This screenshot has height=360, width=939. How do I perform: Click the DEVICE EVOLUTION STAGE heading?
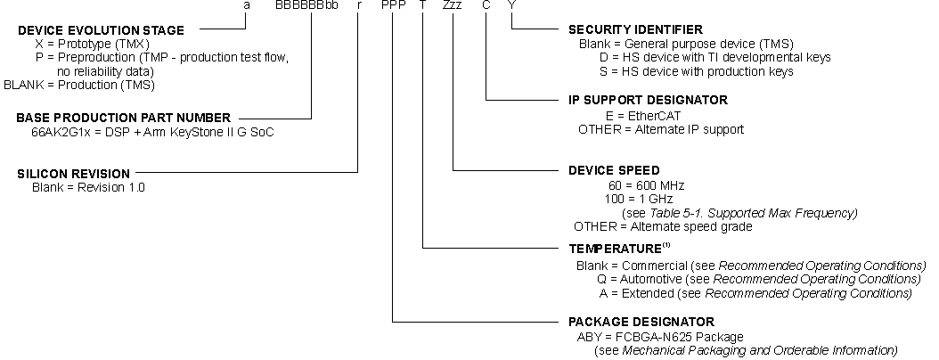(x=102, y=30)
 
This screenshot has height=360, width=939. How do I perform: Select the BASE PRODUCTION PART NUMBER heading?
(x=124, y=118)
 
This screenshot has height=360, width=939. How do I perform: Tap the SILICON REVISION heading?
(x=74, y=173)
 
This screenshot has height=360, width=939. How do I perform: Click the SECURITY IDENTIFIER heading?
(x=635, y=29)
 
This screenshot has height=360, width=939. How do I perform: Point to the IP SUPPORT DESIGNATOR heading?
(x=648, y=100)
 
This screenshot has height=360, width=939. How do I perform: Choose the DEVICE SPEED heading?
(x=614, y=170)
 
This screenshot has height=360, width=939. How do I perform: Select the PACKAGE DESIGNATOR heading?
(x=641, y=321)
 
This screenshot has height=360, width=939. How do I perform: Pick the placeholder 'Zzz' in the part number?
(x=453, y=6)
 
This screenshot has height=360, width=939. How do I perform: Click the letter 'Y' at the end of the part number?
(x=511, y=6)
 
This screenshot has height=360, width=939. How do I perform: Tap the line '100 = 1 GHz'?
(x=640, y=198)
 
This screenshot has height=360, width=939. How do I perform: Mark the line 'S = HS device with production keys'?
(x=695, y=71)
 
